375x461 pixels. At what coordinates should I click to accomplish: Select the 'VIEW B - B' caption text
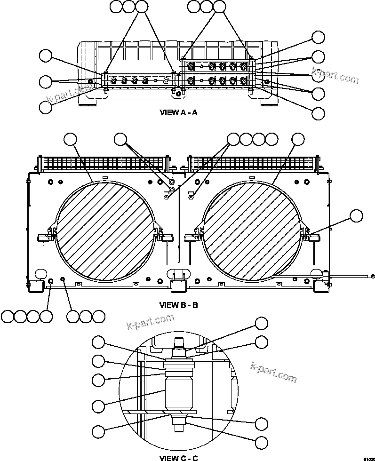click(x=180, y=305)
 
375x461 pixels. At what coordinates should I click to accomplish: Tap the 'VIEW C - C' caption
click(x=178, y=458)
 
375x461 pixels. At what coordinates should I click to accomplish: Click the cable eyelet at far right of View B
click(x=372, y=276)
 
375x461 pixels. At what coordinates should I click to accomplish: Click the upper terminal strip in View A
click(x=217, y=66)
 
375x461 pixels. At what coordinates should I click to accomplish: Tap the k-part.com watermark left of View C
click(x=151, y=322)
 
